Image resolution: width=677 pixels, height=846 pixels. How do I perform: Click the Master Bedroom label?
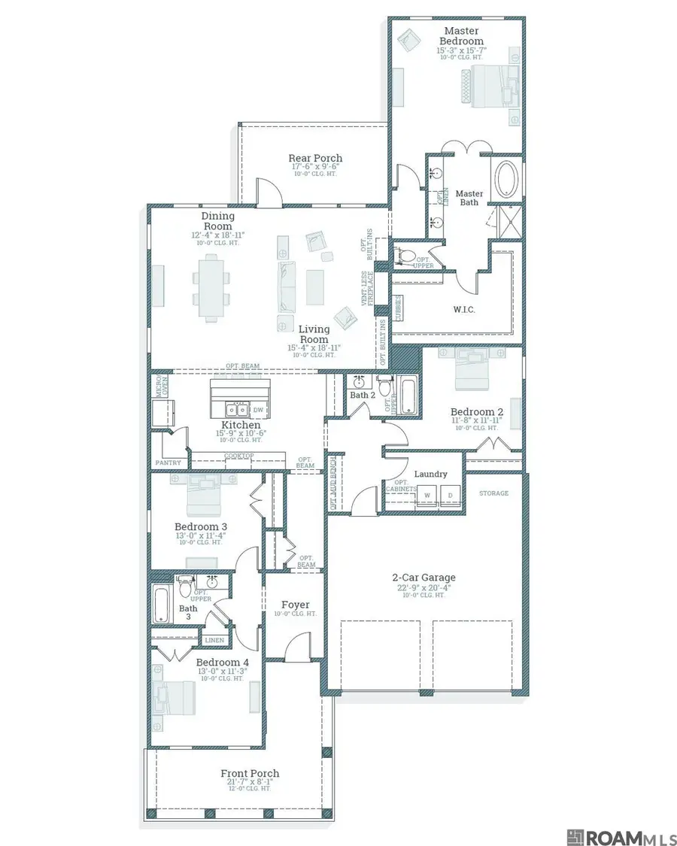(462, 35)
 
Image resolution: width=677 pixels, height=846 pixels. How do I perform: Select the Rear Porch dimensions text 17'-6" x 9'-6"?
(315, 167)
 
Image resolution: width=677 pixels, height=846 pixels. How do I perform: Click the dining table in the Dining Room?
(208, 287)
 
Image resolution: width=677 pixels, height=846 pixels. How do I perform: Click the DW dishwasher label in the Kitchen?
(258, 410)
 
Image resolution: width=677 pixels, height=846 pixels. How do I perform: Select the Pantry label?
(168, 463)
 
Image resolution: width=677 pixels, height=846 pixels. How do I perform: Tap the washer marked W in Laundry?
(427, 495)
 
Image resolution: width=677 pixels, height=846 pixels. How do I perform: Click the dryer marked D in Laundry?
(451, 495)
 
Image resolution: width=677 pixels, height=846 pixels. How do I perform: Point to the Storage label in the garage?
(494, 493)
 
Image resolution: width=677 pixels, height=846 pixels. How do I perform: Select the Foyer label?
(296, 605)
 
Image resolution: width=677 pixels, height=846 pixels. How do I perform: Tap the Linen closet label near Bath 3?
(214, 641)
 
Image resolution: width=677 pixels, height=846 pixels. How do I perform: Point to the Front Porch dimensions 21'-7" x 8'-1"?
(250, 784)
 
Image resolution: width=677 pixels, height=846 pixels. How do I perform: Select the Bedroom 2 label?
(477, 411)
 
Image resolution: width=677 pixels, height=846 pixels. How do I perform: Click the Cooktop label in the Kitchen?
(240, 456)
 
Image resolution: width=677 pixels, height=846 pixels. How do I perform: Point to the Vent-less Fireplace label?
(367, 289)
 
